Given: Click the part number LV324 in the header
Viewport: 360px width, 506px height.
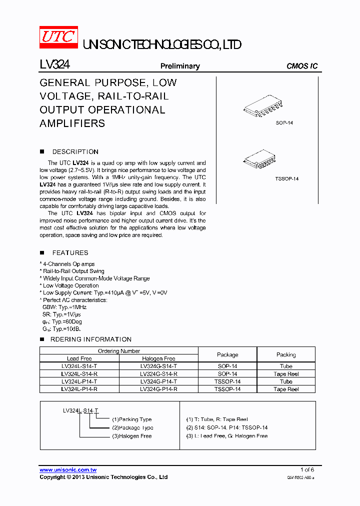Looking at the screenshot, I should (x=54, y=65).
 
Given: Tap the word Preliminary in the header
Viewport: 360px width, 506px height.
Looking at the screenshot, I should (x=180, y=66).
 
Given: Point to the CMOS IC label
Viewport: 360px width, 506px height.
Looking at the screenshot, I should (x=302, y=66).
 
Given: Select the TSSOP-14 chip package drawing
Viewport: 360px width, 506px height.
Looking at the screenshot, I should (x=263, y=159).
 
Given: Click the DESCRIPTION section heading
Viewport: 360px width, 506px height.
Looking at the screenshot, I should (x=75, y=151).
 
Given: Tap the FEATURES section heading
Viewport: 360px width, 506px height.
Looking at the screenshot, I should (x=70, y=252).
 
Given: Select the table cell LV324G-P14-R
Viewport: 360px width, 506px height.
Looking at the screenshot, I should (x=158, y=389).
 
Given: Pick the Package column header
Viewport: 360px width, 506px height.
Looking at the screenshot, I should (x=227, y=354).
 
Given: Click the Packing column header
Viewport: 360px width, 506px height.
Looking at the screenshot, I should (x=286, y=354).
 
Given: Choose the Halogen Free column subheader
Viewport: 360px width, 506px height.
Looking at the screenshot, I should (x=158, y=358).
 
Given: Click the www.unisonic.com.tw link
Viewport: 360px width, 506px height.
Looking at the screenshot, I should (x=68, y=469).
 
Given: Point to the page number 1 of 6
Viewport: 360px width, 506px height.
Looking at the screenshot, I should (x=307, y=469).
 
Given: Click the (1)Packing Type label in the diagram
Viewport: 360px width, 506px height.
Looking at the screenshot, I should (x=131, y=419).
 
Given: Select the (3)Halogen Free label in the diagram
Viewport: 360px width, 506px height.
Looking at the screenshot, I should (x=131, y=436).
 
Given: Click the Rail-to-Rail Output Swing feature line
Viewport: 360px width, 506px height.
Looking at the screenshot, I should (x=73, y=271).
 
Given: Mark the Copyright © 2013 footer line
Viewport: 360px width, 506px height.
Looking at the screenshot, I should (x=103, y=477).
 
